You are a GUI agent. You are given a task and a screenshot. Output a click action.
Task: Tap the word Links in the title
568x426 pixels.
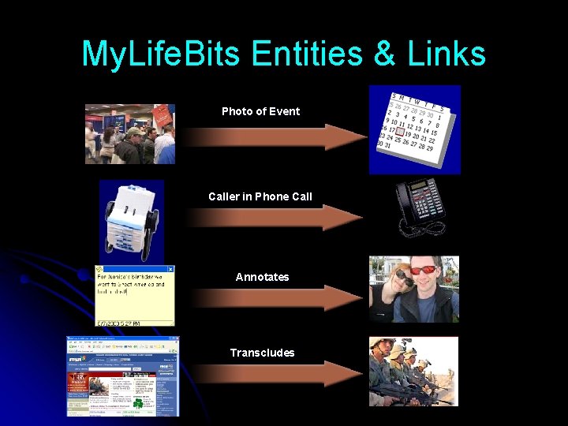[x=447, y=54]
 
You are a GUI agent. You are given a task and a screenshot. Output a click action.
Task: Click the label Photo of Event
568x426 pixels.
[x=260, y=111]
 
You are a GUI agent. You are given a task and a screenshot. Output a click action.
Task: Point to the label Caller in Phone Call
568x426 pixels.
[x=260, y=196]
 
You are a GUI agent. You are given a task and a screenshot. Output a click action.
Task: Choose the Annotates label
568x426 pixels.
[x=262, y=277]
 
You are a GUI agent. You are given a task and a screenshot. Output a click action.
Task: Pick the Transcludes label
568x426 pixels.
[x=262, y=353]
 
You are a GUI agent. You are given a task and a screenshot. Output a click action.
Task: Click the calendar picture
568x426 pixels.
[x=415, y=129]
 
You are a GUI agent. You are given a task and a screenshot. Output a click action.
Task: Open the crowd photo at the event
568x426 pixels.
[x=130, y=133]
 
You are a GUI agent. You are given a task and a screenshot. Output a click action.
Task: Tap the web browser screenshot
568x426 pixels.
[x=123, y=376]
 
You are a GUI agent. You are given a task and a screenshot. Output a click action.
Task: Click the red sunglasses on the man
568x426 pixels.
[x=428, y=271]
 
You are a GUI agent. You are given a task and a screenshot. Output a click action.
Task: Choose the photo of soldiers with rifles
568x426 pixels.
[x=413, y=371]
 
